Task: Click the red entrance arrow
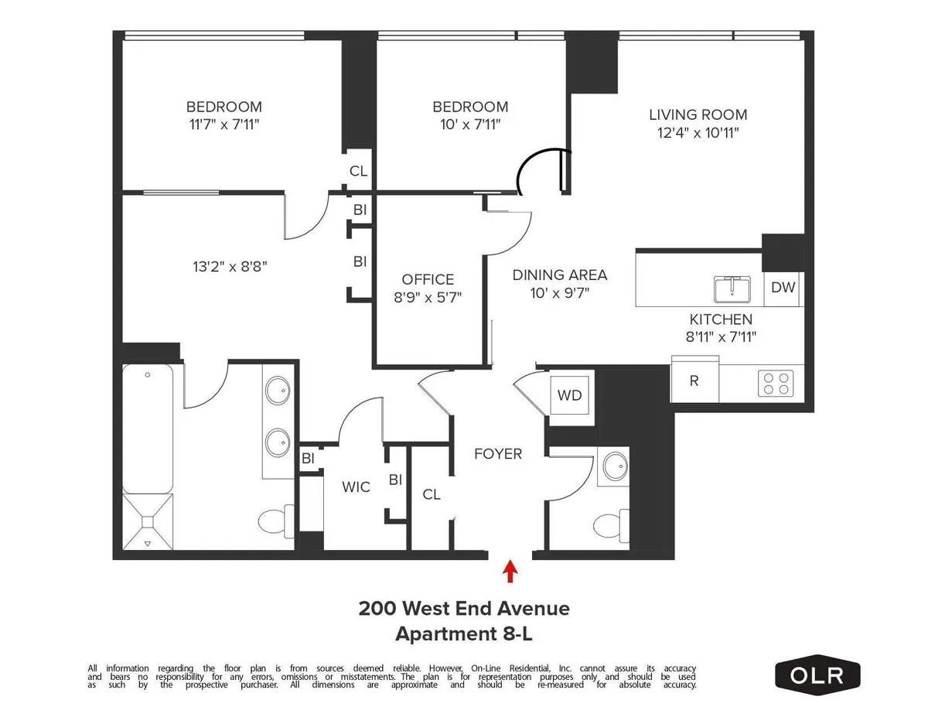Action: [x=510, y=572]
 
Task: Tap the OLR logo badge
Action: [x=817, y=674]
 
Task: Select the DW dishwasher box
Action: [x=783, y=288]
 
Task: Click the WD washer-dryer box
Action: [x=570, y=396]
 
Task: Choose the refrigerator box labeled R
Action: [x=694, y=381]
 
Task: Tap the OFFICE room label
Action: [x=428, y=279]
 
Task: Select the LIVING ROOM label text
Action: [x=698, y=114]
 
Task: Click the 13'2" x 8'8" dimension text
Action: [x=230, y=267]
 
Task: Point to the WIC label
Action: [x=356, y=487]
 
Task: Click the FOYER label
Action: [x=498, y=454]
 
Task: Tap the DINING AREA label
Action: [x=560, y=275]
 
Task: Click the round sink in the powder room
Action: [x=615, y=466]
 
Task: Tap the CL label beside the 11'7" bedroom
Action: [x=358, y=172]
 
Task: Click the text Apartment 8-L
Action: [x=463, y=634]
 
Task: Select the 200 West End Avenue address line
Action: [x=464, y=609]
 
